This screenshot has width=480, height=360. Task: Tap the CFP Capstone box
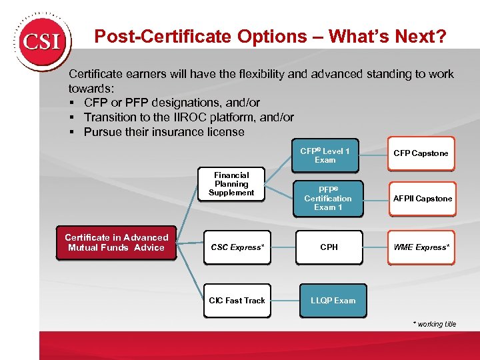click(x=421, y=153)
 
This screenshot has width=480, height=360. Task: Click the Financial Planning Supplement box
click(x=231, y=184)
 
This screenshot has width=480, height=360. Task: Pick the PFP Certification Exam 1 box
click(x=327, y=199)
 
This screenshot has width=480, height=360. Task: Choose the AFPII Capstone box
click(x=422, y=199)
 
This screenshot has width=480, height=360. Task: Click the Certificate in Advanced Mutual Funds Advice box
click(x=116, y=243)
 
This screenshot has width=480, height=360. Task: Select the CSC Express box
click(x=237, y=247)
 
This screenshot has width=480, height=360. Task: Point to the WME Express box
click(x=421, y=247)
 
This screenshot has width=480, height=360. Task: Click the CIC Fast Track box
click(x=237, y=301)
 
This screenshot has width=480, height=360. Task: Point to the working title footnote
click(x=434, y=324)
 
